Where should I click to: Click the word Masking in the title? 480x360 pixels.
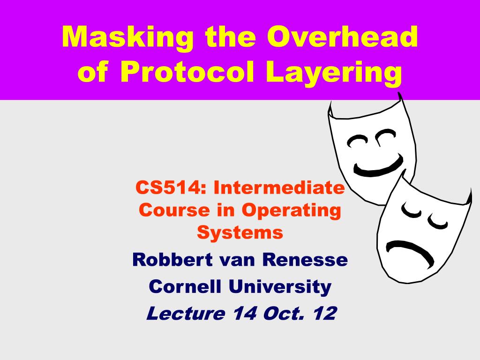127,37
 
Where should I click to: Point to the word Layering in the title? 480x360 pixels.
334,74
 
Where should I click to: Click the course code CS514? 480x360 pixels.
167,187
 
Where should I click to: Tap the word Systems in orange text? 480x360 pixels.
240,233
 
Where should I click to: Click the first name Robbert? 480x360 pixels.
172,260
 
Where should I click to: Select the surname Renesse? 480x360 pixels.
305,260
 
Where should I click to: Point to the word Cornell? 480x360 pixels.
185,286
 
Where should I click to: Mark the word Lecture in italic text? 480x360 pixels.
186,313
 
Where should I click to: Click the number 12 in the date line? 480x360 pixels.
325,313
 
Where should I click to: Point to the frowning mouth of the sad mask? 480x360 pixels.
410,250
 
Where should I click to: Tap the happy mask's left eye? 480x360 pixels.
357,141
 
